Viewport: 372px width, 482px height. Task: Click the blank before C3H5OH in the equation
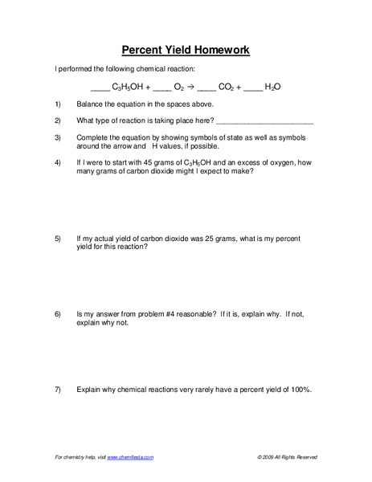pos(98,88)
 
